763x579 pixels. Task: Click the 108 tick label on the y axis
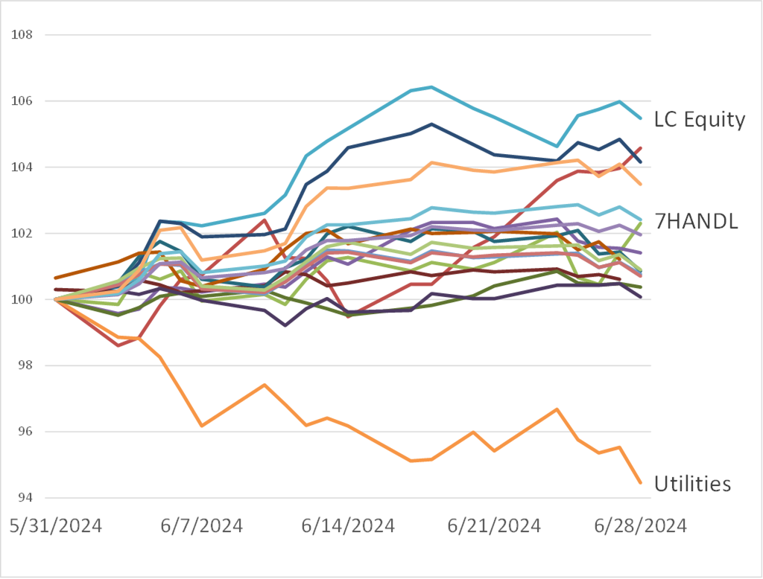click(x=22, y=35)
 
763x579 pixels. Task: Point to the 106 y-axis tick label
click(x=22, y=101)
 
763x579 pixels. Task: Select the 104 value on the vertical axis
click(x=22, y=167)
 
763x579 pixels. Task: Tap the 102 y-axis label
click(x=22, y=234)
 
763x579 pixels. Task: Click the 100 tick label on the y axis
click(x=22, y=300)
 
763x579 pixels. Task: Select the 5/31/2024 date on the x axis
click(x=56, y=526)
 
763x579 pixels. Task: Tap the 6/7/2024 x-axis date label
click(x=202, y=526)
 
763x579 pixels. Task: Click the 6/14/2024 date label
click(x=347, y=526)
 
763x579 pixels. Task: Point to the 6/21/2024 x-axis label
click(x=493, y=526)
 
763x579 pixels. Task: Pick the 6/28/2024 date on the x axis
click(x=639, y=526)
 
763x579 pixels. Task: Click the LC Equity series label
click(x=699, y=120)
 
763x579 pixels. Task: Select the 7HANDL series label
click(x=696, y=221)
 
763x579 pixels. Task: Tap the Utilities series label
click(x=692, y=484)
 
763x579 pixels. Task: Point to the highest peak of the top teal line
click(x=432, y=87)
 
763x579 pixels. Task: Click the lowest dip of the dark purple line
click(x=285, y=325)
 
